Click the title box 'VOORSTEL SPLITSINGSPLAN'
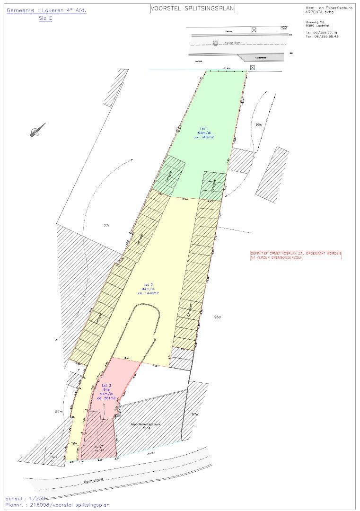(192, 9)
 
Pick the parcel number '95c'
(259, 124)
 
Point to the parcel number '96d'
(217, 317)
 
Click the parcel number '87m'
(59, 412)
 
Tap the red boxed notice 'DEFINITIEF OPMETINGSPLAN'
(296, 255)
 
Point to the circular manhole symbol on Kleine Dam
(215, 44)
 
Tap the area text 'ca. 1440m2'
(148, 293)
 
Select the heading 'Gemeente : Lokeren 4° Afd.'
(47, 10)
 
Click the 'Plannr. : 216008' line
(57, 505)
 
